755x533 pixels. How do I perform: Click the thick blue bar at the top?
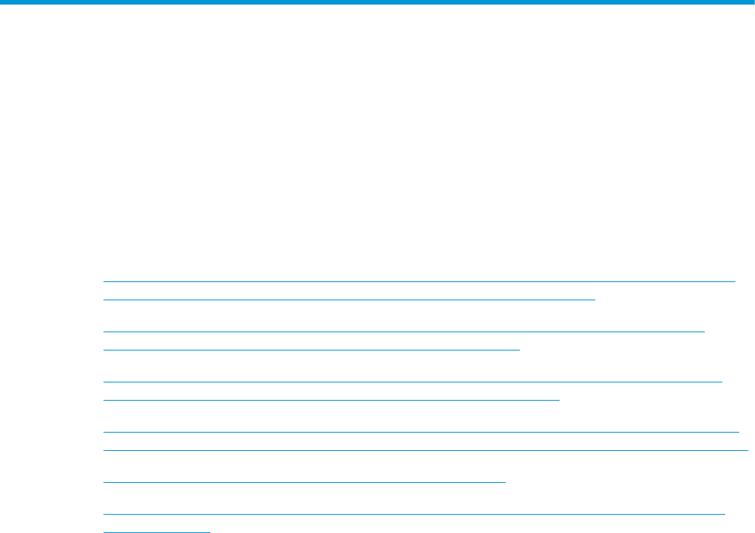pyautogui.click(x=377, y=3)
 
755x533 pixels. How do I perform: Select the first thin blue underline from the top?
pyautogui.click(x=419, y=281)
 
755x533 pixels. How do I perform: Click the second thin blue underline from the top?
pyautogui.click(x=349, y=300)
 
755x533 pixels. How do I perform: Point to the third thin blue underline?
pyautogui.click(x=404, y=332)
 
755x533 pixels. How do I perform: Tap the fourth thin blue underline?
pyautogui.click(x=311, y=349)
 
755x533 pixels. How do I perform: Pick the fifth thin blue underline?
pyautogui.click(x=412, y=381)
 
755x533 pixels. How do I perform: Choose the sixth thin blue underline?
pyautogui.click(x=331, y=398)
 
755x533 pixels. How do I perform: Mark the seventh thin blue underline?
pyautogui.click(x=421, y=431)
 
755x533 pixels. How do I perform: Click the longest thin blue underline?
pyautogui.click(x=425, y=450)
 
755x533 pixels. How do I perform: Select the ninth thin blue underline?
pyautogui.click(x=304, y=482)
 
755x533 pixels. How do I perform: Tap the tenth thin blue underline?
pyautogui.click(x=414, y=514)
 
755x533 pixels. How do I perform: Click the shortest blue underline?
pyautogui.click(x=156, y=531)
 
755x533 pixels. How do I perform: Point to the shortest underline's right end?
pyautogui.click(x=209, y=531)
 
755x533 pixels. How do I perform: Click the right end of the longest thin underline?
pyautogui.click(x=748, y=450)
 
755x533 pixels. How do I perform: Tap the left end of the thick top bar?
pyautogui.click(x=2, y=3)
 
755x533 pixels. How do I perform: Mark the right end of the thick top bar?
pyautogui.click(x=752, y=3)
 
